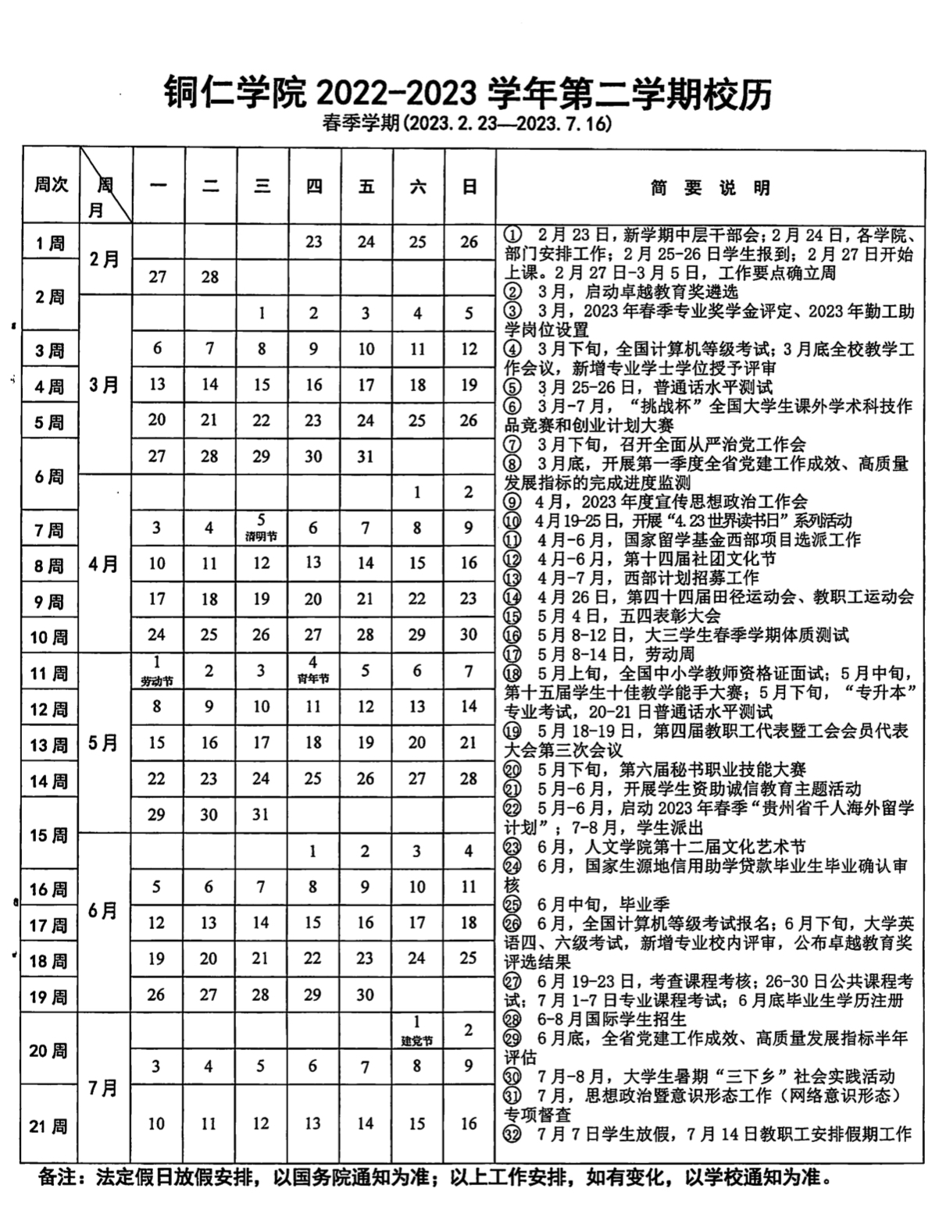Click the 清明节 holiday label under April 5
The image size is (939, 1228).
(x=261, y=538)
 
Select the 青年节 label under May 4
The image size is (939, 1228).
(x=312, y=679)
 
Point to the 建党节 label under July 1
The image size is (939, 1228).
(x=416, y=1041)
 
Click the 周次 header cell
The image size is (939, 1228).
(x=51, y=184)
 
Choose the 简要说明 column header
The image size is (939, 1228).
(x=710, y=187)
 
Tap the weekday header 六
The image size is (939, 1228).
(x=417, y=187)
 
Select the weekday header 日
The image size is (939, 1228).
(x=469, y=187)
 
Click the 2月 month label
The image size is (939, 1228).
(x=104, y=259)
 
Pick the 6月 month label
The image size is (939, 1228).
(x=104, y=910)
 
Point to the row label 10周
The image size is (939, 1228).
(x=49, y=638)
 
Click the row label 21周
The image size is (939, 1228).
(x=49, y=1126)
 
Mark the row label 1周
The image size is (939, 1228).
(x=49, y=243)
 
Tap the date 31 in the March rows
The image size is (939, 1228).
(x=365, y=457)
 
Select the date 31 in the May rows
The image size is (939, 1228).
(x=261, y=814)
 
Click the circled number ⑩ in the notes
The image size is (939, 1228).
(x=512, y=521)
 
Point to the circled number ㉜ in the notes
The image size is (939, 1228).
(x=512, y=1134)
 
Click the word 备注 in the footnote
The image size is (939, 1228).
(x=58, y=1176)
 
